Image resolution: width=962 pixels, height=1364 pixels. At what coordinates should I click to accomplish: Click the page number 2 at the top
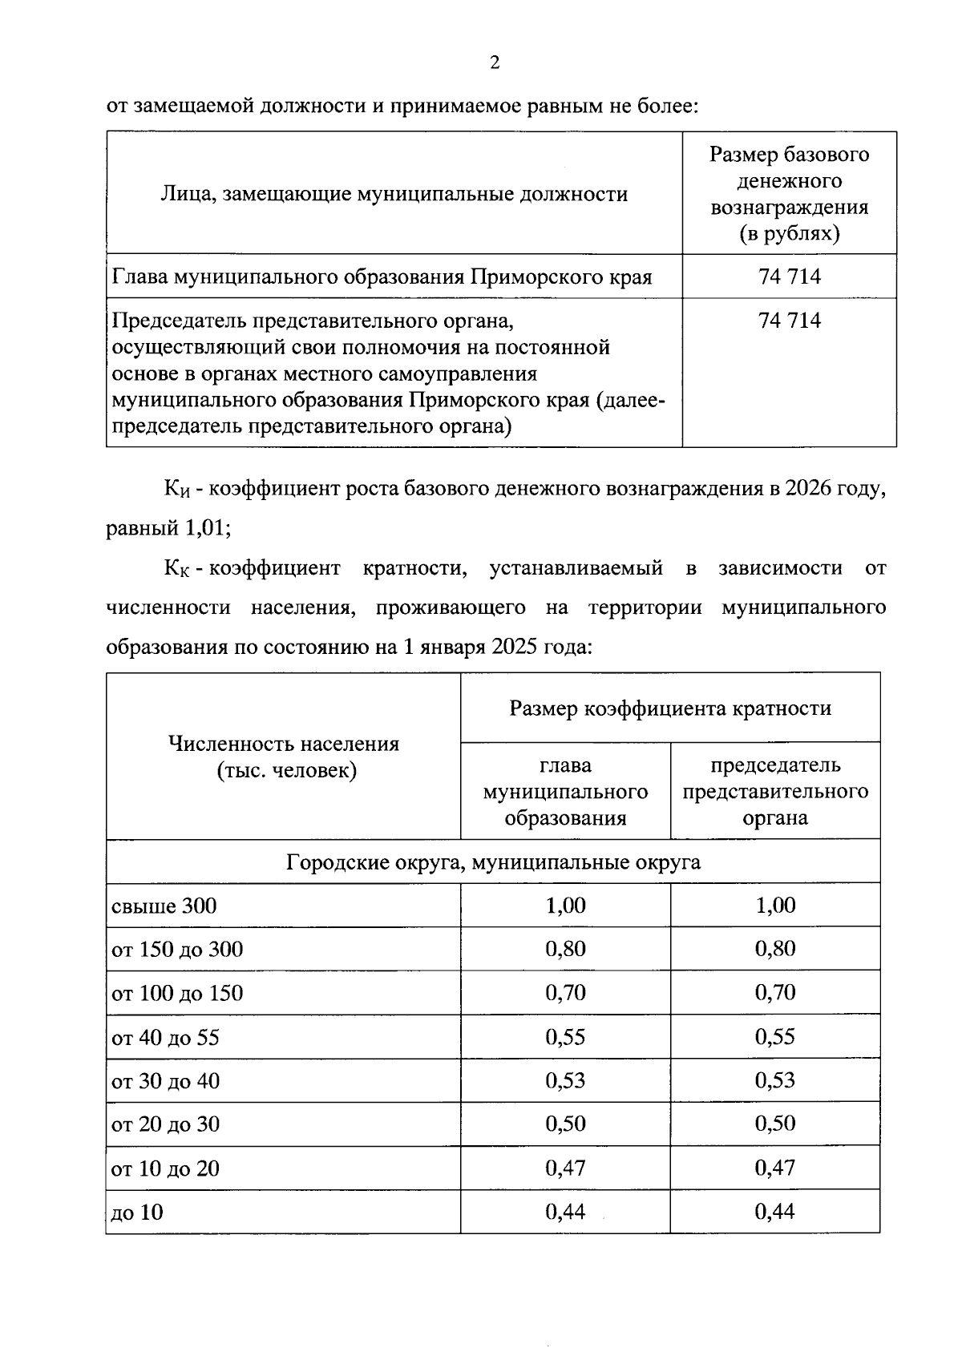pyautogui.click(x=495, y=63)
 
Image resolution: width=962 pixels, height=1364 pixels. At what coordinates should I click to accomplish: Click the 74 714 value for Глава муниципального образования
pyautogui.click(x=789, y=277)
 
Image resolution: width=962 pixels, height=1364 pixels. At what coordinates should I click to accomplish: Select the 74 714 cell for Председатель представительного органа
pyautogui.click(x=789, y=321)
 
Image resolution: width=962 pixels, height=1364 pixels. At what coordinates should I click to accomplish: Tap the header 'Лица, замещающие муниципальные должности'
pyautogui.click(x=394, y=194)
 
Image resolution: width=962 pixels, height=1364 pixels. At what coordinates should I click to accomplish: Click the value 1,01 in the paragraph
pyautogui.click(x=204, y=529)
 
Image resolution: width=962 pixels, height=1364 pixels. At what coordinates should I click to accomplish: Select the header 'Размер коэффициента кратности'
pyautogui.click(x=670, y=708)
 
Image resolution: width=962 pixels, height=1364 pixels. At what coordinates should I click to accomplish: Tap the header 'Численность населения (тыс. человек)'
pyautogui.click(x=283, y=757)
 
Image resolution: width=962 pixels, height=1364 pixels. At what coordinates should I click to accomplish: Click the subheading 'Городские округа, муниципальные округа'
pyautogui.click(x=493, y=862)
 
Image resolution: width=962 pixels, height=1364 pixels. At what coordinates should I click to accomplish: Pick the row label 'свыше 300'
pyautogui.click(x=164, y=906)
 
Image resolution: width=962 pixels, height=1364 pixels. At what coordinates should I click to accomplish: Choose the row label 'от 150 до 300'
pyautogui.click(x=177, y=950)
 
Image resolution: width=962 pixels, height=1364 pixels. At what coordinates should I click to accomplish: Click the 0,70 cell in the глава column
pyautogui.click(x=565, y=993)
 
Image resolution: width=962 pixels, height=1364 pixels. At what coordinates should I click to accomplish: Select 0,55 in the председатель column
pyautogui.click(x=774, y=1037)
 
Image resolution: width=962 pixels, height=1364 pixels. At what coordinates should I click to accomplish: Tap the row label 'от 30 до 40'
pyautogui.click(x=165, y=1081)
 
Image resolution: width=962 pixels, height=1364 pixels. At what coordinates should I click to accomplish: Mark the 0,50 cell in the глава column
pyautogui.click(x=565, y=1124)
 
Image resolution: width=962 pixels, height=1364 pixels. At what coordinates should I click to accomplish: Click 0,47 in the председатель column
pyautogui.click(x=774, y=1168)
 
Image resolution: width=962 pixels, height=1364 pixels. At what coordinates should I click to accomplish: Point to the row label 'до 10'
pyautogui.click(x=137, y=1213)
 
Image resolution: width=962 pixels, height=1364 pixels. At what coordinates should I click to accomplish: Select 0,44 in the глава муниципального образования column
pyautogui.click(x=565, y=1212)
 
